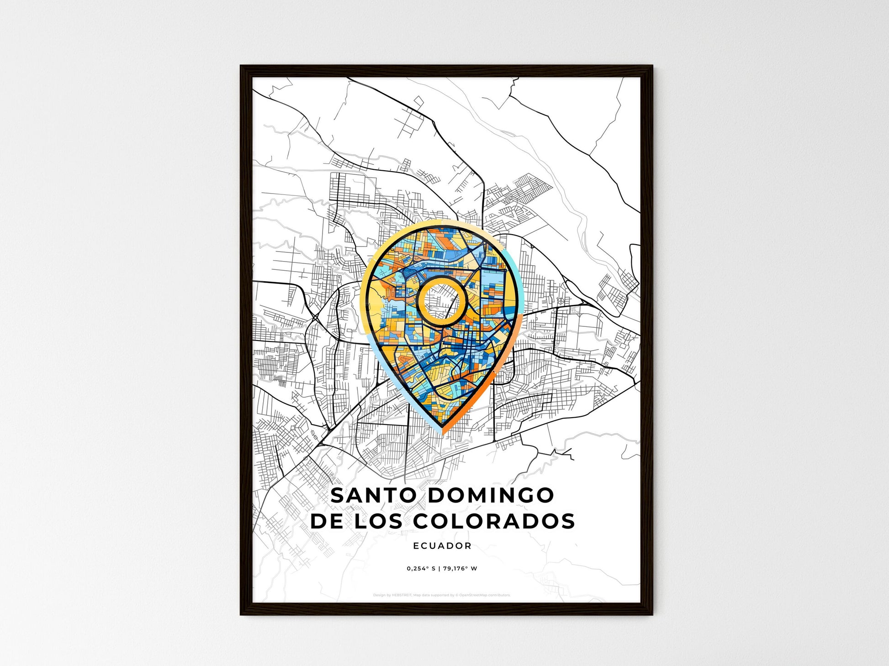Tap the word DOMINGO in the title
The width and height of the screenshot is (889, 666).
[x=491, y=496]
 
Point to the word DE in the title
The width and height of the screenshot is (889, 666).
[x=327, y=521]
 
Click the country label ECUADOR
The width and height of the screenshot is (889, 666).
[x=442, y=545]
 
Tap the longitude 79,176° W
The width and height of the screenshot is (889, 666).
[x=460, y=569]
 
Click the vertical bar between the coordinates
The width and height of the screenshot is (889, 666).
[x=439, y=569]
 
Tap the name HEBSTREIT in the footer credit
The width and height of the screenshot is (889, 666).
[x=402, y=595]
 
